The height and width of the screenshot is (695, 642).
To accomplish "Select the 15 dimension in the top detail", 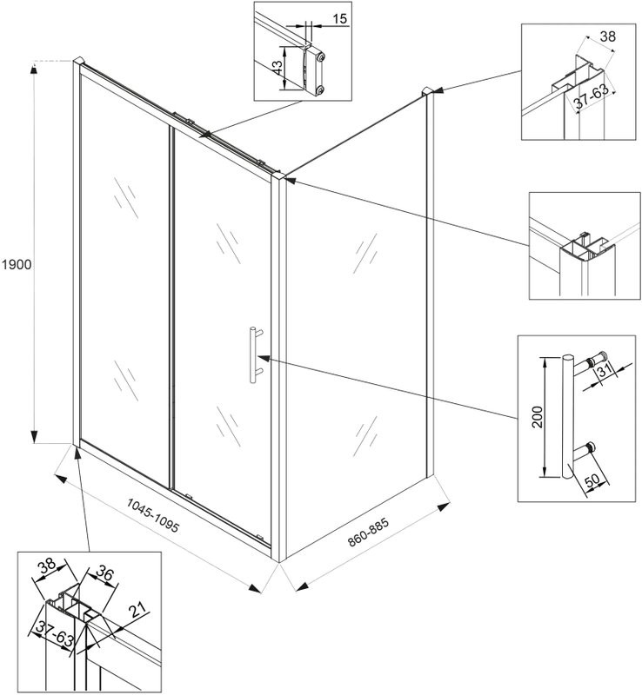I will pyautogui.click(x=338, y=17).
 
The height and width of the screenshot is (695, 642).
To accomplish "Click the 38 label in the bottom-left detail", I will pyautogui.click(x=45, y=566).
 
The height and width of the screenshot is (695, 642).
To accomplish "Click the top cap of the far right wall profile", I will pyautogui.click(x=426, y=91).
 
